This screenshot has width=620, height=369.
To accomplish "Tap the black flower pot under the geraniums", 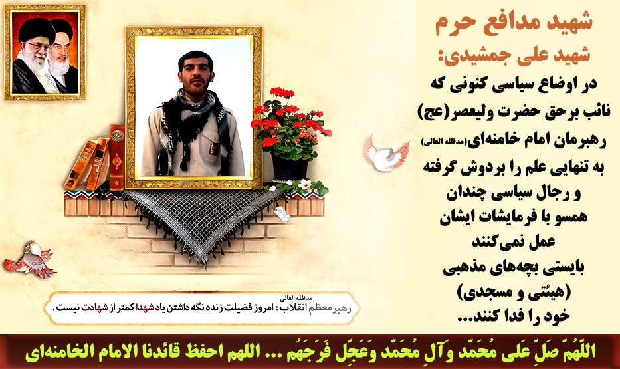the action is pos(290,167).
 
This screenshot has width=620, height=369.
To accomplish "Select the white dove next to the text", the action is pos(387,152).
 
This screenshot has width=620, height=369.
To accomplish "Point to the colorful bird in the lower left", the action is pos(29,259).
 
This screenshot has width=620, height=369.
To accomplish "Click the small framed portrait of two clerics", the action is pos(45,53).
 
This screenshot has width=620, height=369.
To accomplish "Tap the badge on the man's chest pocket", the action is pos(213,150).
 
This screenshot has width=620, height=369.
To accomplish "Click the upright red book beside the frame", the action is pos(117,158).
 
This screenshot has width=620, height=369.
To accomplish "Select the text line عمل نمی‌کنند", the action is pos(514,241).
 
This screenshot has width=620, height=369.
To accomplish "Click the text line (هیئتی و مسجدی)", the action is pos(514,293).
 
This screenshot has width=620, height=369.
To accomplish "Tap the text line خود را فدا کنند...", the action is pos(514,316).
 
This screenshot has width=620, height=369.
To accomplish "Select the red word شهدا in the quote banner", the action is pos(145,308).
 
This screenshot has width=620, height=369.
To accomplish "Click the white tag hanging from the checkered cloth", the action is pos(282,213).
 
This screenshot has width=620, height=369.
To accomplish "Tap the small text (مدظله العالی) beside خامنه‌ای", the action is pos(444,141).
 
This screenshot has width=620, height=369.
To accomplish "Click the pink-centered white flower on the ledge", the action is pos(304,184).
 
